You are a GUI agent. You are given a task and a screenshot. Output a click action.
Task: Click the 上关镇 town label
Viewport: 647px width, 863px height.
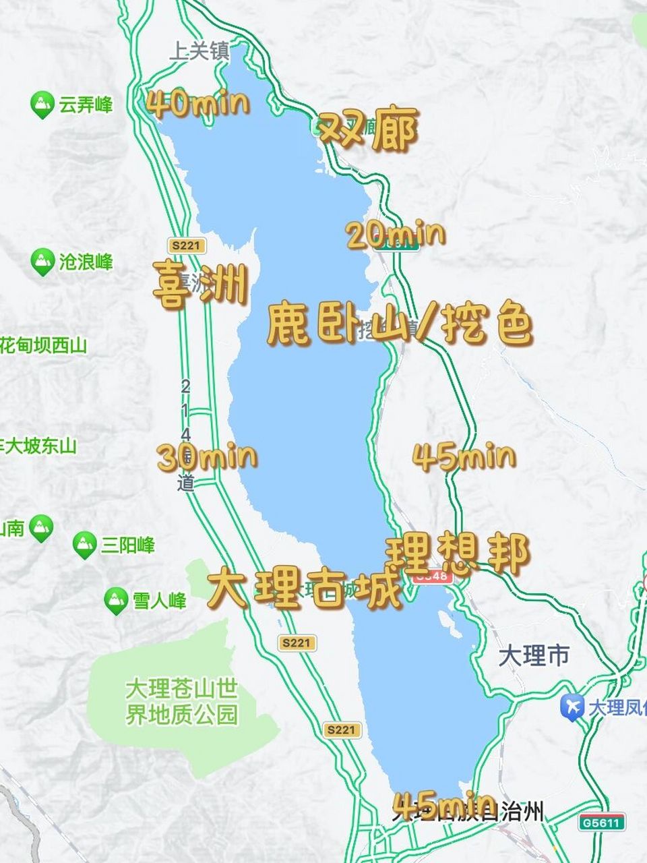click(x=199, y=52)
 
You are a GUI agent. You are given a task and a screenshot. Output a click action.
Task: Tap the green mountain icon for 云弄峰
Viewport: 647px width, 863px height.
click(x=42, y=105)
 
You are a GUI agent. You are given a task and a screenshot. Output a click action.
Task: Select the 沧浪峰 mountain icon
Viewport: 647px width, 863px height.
click(x=42, y=262)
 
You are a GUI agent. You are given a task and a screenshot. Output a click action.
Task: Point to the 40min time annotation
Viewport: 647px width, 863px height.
click(x=197, y=105)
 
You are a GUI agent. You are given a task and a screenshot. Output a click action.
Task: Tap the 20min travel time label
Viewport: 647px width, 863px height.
click(x=396, y=235)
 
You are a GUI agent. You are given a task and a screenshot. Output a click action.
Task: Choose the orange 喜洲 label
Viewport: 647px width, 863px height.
click(x=197, y=285)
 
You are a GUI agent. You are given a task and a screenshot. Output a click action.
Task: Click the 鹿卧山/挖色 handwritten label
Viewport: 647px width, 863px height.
click(x=400, y=326)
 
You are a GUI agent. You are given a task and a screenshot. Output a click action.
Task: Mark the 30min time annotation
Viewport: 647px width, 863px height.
click(x=207, y=457)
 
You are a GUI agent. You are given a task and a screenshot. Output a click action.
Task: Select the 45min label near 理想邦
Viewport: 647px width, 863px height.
click(x=464, y=457)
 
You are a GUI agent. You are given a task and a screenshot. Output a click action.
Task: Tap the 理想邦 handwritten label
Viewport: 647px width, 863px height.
click(x=457, y=555)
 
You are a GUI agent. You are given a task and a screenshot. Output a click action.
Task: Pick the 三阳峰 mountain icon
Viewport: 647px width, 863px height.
click(x=84, y=545)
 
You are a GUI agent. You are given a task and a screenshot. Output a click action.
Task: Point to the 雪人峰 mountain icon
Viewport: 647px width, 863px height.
click(x=116, y=599)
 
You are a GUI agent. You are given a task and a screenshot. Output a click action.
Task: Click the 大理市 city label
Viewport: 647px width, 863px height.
click(x=534, y=655)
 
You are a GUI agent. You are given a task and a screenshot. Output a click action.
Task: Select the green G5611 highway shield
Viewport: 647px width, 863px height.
click(x=601, y=822)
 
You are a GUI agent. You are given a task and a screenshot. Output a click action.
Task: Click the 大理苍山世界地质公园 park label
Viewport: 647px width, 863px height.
click(x=182, y=702)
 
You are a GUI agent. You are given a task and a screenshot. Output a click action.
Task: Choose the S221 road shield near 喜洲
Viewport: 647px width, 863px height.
click(x=185, y=245)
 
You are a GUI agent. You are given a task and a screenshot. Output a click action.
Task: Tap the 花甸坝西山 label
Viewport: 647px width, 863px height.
click(x=44, y=346)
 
